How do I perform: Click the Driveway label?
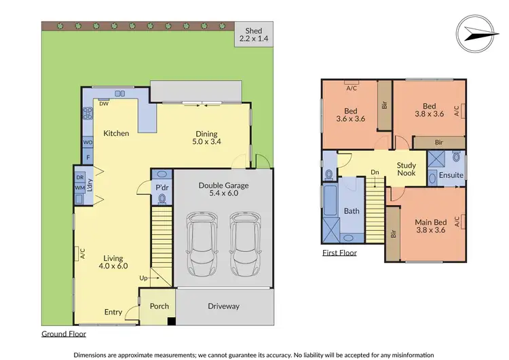pos(223,306)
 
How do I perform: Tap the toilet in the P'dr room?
pos(162,198)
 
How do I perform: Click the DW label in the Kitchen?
pos(104,104)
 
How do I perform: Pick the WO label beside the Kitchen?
pos(88,143)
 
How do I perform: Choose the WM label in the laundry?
pos(79,187)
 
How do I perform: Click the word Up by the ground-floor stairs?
pos(143,278)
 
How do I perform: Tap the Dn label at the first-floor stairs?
pos(375,173)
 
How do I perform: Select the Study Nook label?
pos(407,168)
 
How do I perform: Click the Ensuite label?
pos(451,175)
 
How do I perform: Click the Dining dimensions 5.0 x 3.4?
pos(206,142)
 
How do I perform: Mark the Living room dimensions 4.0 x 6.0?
pos(113,266)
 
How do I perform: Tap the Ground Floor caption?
pos(64,334)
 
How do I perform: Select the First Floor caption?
pos(339,253)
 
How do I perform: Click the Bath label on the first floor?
pos(352,211)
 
